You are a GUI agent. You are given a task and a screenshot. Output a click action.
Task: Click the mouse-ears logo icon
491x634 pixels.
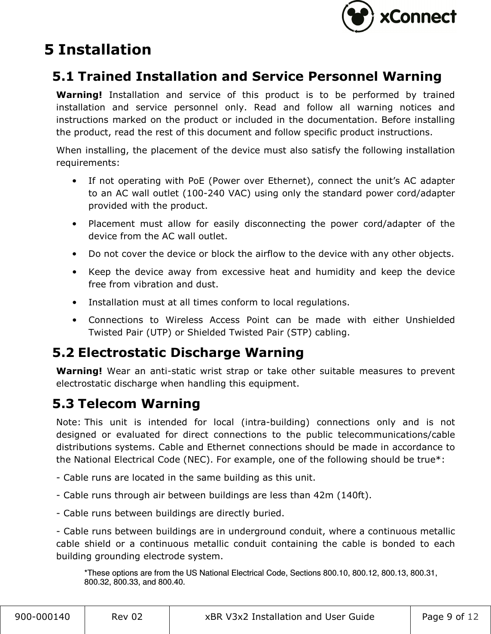357,17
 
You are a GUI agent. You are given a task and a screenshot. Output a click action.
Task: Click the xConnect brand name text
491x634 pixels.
418,17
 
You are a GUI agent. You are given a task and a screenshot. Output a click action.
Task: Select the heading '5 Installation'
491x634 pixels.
98,49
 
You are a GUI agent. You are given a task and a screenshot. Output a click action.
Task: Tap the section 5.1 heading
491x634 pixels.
247,76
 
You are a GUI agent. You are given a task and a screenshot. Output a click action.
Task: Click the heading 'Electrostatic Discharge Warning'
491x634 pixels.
191,353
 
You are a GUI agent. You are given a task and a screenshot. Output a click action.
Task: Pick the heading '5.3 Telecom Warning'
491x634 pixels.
126,404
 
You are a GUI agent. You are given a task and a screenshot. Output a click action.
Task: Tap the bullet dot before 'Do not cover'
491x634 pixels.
76,254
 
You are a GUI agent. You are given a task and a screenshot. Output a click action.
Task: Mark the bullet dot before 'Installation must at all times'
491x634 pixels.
76,302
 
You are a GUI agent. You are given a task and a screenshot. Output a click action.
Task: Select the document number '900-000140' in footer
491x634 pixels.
43,617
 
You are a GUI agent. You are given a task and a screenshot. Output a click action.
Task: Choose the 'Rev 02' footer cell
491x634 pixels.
127,617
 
